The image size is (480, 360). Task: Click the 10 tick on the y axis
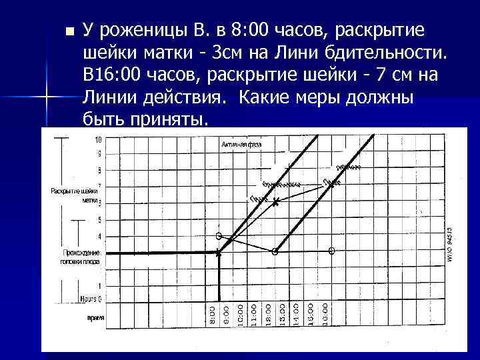pyautogui.click(x=98, y=141)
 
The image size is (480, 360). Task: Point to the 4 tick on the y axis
pyautogui.click(x=99, y=237)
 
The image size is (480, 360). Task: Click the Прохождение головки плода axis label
pyautogui.click(x=81, y=257)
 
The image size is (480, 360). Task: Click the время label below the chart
pyautogui.click(x=96, y=318)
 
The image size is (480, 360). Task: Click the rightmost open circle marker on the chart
pyautogui.click(x=331, y=251)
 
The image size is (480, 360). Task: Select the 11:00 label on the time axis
pyautogui.click(x=254, y=311)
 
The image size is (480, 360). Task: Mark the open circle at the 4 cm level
pyautogui.click(x=219, y=236)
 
